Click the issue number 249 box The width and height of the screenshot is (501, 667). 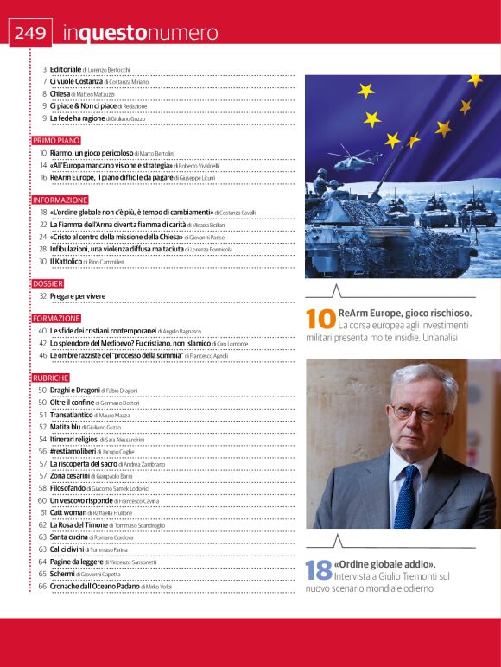point(30,33)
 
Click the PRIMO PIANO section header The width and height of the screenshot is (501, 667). point(56,139)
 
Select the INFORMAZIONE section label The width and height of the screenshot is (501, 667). point(60,200)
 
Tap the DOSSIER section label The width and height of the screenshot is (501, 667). point(48,283)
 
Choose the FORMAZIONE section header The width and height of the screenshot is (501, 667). point(57,318)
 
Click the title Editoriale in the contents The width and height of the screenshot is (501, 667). point(66,68)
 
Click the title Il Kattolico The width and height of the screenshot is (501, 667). point(66,260)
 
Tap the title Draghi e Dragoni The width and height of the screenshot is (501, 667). point(74,391)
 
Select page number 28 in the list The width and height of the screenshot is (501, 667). point(42,248)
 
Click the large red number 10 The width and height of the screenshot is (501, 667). point(320,319)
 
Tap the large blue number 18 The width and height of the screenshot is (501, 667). point(319,569)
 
